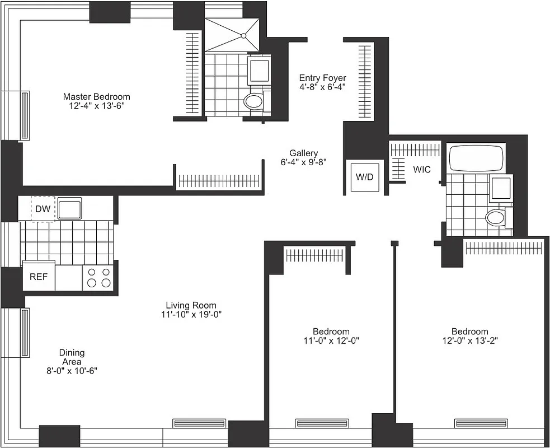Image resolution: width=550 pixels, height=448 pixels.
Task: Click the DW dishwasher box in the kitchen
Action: [43, 209]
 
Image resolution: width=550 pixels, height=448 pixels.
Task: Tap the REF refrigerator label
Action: [39, 277]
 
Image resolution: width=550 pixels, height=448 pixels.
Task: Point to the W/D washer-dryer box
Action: [364, 177]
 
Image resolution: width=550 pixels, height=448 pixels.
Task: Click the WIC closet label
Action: [422, 169]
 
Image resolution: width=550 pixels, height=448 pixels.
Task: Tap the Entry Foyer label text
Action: [322, 78]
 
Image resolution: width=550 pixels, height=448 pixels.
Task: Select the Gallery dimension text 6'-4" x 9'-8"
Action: [303, 162]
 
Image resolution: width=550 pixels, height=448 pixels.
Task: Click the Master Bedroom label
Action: [96, 96]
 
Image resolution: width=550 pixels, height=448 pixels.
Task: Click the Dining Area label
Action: [72, 357]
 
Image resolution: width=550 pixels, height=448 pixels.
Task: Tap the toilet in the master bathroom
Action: [253, 102]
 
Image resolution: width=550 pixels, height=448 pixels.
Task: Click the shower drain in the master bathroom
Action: [244, 36]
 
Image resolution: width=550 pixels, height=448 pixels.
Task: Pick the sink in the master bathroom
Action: [259, 70]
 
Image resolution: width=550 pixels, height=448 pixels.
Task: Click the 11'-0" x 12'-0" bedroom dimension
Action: [331, 340]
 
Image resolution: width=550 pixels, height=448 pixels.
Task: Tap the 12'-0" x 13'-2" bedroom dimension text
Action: [470, 340]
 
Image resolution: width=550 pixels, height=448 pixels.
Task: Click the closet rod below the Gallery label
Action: [219, 180]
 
